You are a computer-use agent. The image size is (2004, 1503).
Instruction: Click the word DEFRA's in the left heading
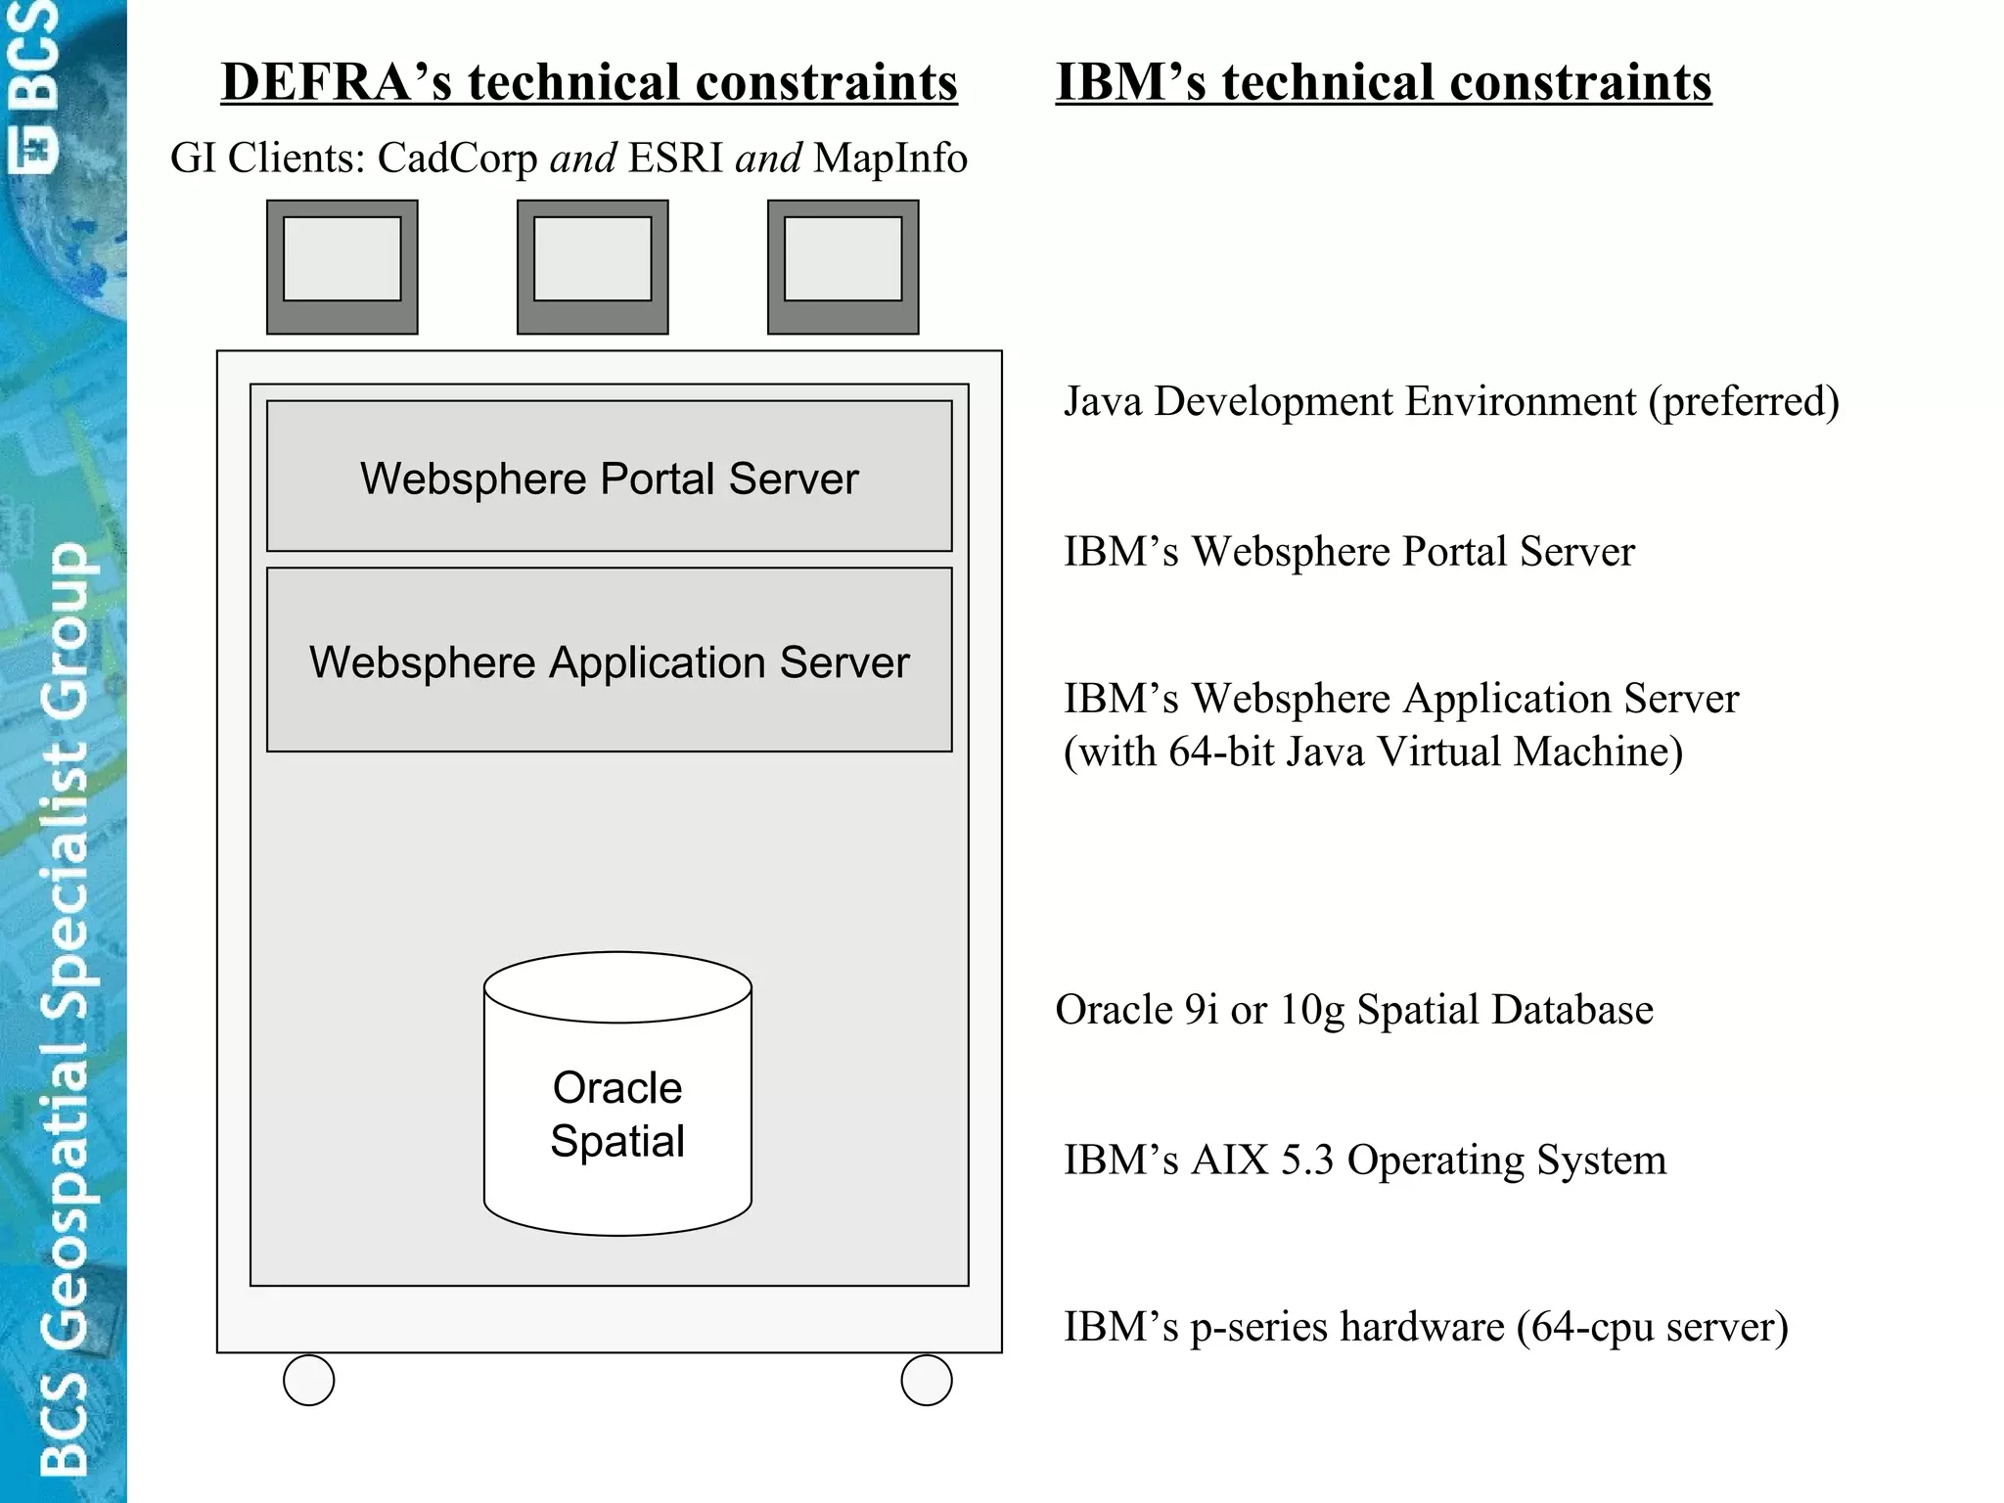tap(337, 81)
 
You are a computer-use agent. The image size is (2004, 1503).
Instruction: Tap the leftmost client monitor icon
tap(342, 266)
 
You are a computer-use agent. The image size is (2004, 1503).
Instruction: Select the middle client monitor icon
tap(592, 266)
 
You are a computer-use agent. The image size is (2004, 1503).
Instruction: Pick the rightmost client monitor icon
tap(843, 266)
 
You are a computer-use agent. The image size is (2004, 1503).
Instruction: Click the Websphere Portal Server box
tap(609, 477)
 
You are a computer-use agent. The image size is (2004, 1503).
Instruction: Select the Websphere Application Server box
tap(609, 660)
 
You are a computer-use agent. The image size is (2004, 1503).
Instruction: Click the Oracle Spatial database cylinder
tap(617, 1096)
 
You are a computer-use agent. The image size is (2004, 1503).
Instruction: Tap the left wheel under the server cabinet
tap(308, 1380)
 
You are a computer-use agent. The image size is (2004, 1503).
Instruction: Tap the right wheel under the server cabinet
tap(926, 1380)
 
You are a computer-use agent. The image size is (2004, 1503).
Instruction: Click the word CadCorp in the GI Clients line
tap(457, 159)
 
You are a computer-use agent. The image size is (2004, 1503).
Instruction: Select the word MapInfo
tap(889, 159)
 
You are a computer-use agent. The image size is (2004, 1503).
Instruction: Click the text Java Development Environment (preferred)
tap(1450, 402)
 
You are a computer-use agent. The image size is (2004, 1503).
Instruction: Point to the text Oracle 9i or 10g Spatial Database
tap(1353, 1010)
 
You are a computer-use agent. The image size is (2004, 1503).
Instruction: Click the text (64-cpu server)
tap(1652, 1328)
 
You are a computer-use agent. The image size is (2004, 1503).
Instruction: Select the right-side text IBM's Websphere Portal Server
tap(1348, 552)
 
